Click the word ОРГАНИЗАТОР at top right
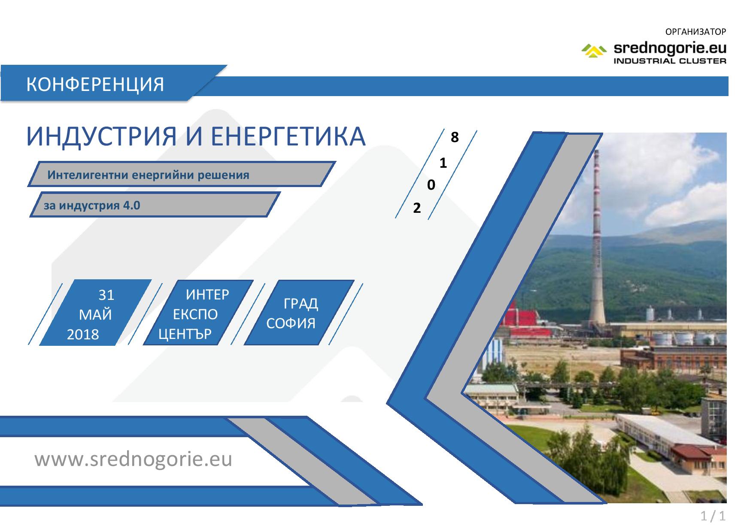click(695, 32)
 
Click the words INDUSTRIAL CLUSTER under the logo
click(670, 60)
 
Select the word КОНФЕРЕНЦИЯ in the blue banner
click(95, 85)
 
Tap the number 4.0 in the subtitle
click(131, 205)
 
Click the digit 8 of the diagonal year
click(455, 137)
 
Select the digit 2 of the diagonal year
click(416, 209)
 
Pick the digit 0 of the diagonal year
click(431, 185)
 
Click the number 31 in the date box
click(106, 295)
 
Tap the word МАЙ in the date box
click(95, 315)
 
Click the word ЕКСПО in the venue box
click(195, 315)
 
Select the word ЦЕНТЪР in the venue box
click(185, 334)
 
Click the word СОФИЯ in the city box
click(291, 323)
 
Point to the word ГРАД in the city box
click(301, 304)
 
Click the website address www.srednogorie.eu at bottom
click(134, 459)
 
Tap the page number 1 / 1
click(713, 516)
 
